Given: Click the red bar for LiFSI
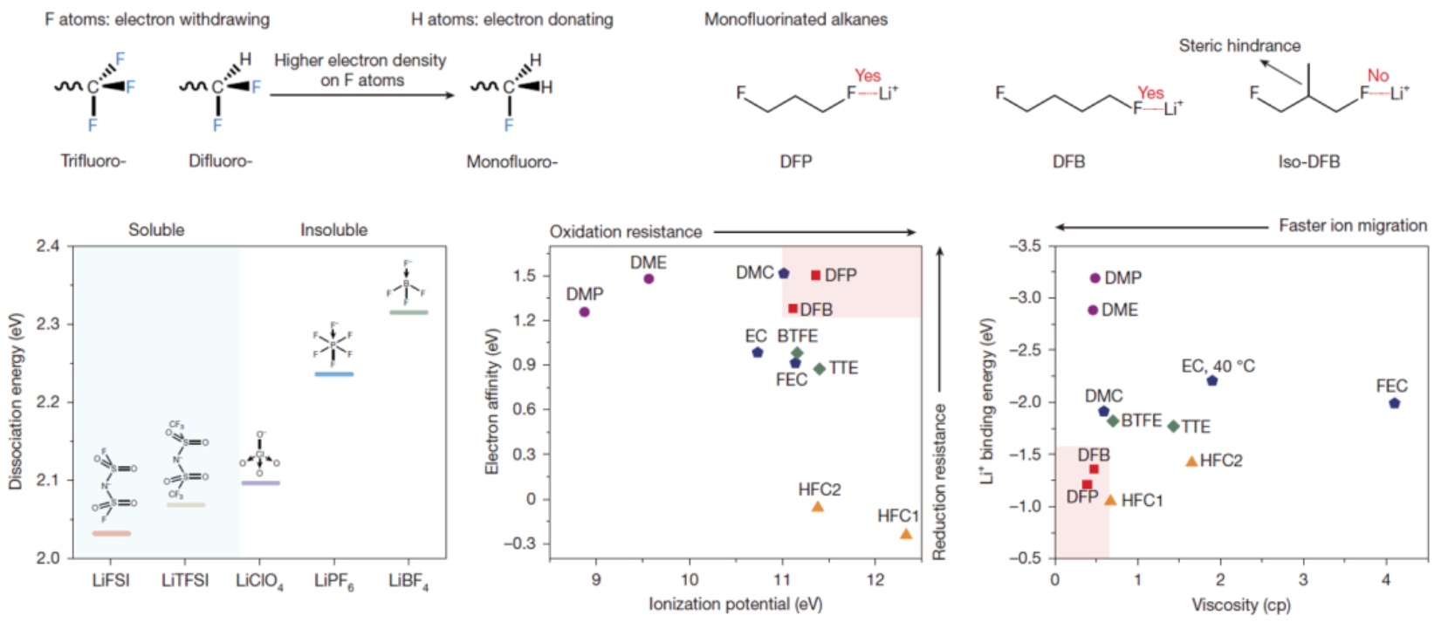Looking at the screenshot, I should (x=111, y=533).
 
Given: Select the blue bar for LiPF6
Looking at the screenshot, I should (x=334, y=374).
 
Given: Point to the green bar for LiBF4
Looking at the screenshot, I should (x=408, y=311).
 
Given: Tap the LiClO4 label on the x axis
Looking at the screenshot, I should (x=259, y=581).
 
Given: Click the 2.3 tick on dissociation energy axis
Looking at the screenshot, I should (x=48, y=324).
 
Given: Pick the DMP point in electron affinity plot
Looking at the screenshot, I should (x=584, y=311).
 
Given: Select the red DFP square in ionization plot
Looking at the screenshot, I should (x=816, y=275).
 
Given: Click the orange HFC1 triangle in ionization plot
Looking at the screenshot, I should (x=906, y=534).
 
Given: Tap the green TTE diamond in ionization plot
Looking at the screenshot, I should (x=820, y=369).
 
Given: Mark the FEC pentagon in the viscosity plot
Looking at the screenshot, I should (x=1395, y=403).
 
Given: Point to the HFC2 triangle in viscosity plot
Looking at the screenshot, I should (x=1191, y=461).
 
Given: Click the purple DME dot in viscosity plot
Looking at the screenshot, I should (x=1093, y=311).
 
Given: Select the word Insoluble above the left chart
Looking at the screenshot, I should (x=333, y=230).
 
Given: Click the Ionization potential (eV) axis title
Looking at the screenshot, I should (x=735, y=604).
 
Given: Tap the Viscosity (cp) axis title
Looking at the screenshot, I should (x=1241, y=605).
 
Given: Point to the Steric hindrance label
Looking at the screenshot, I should (x=1239, y=45).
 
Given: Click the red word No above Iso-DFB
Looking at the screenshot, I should (x=1377, y=76).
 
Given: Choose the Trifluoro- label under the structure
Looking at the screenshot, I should (x=93, y=161).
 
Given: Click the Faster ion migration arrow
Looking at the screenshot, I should (x=1161, y=227).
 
